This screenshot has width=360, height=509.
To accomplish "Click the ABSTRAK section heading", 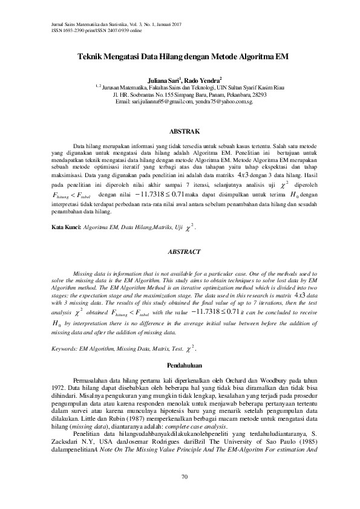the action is [180, 131].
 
